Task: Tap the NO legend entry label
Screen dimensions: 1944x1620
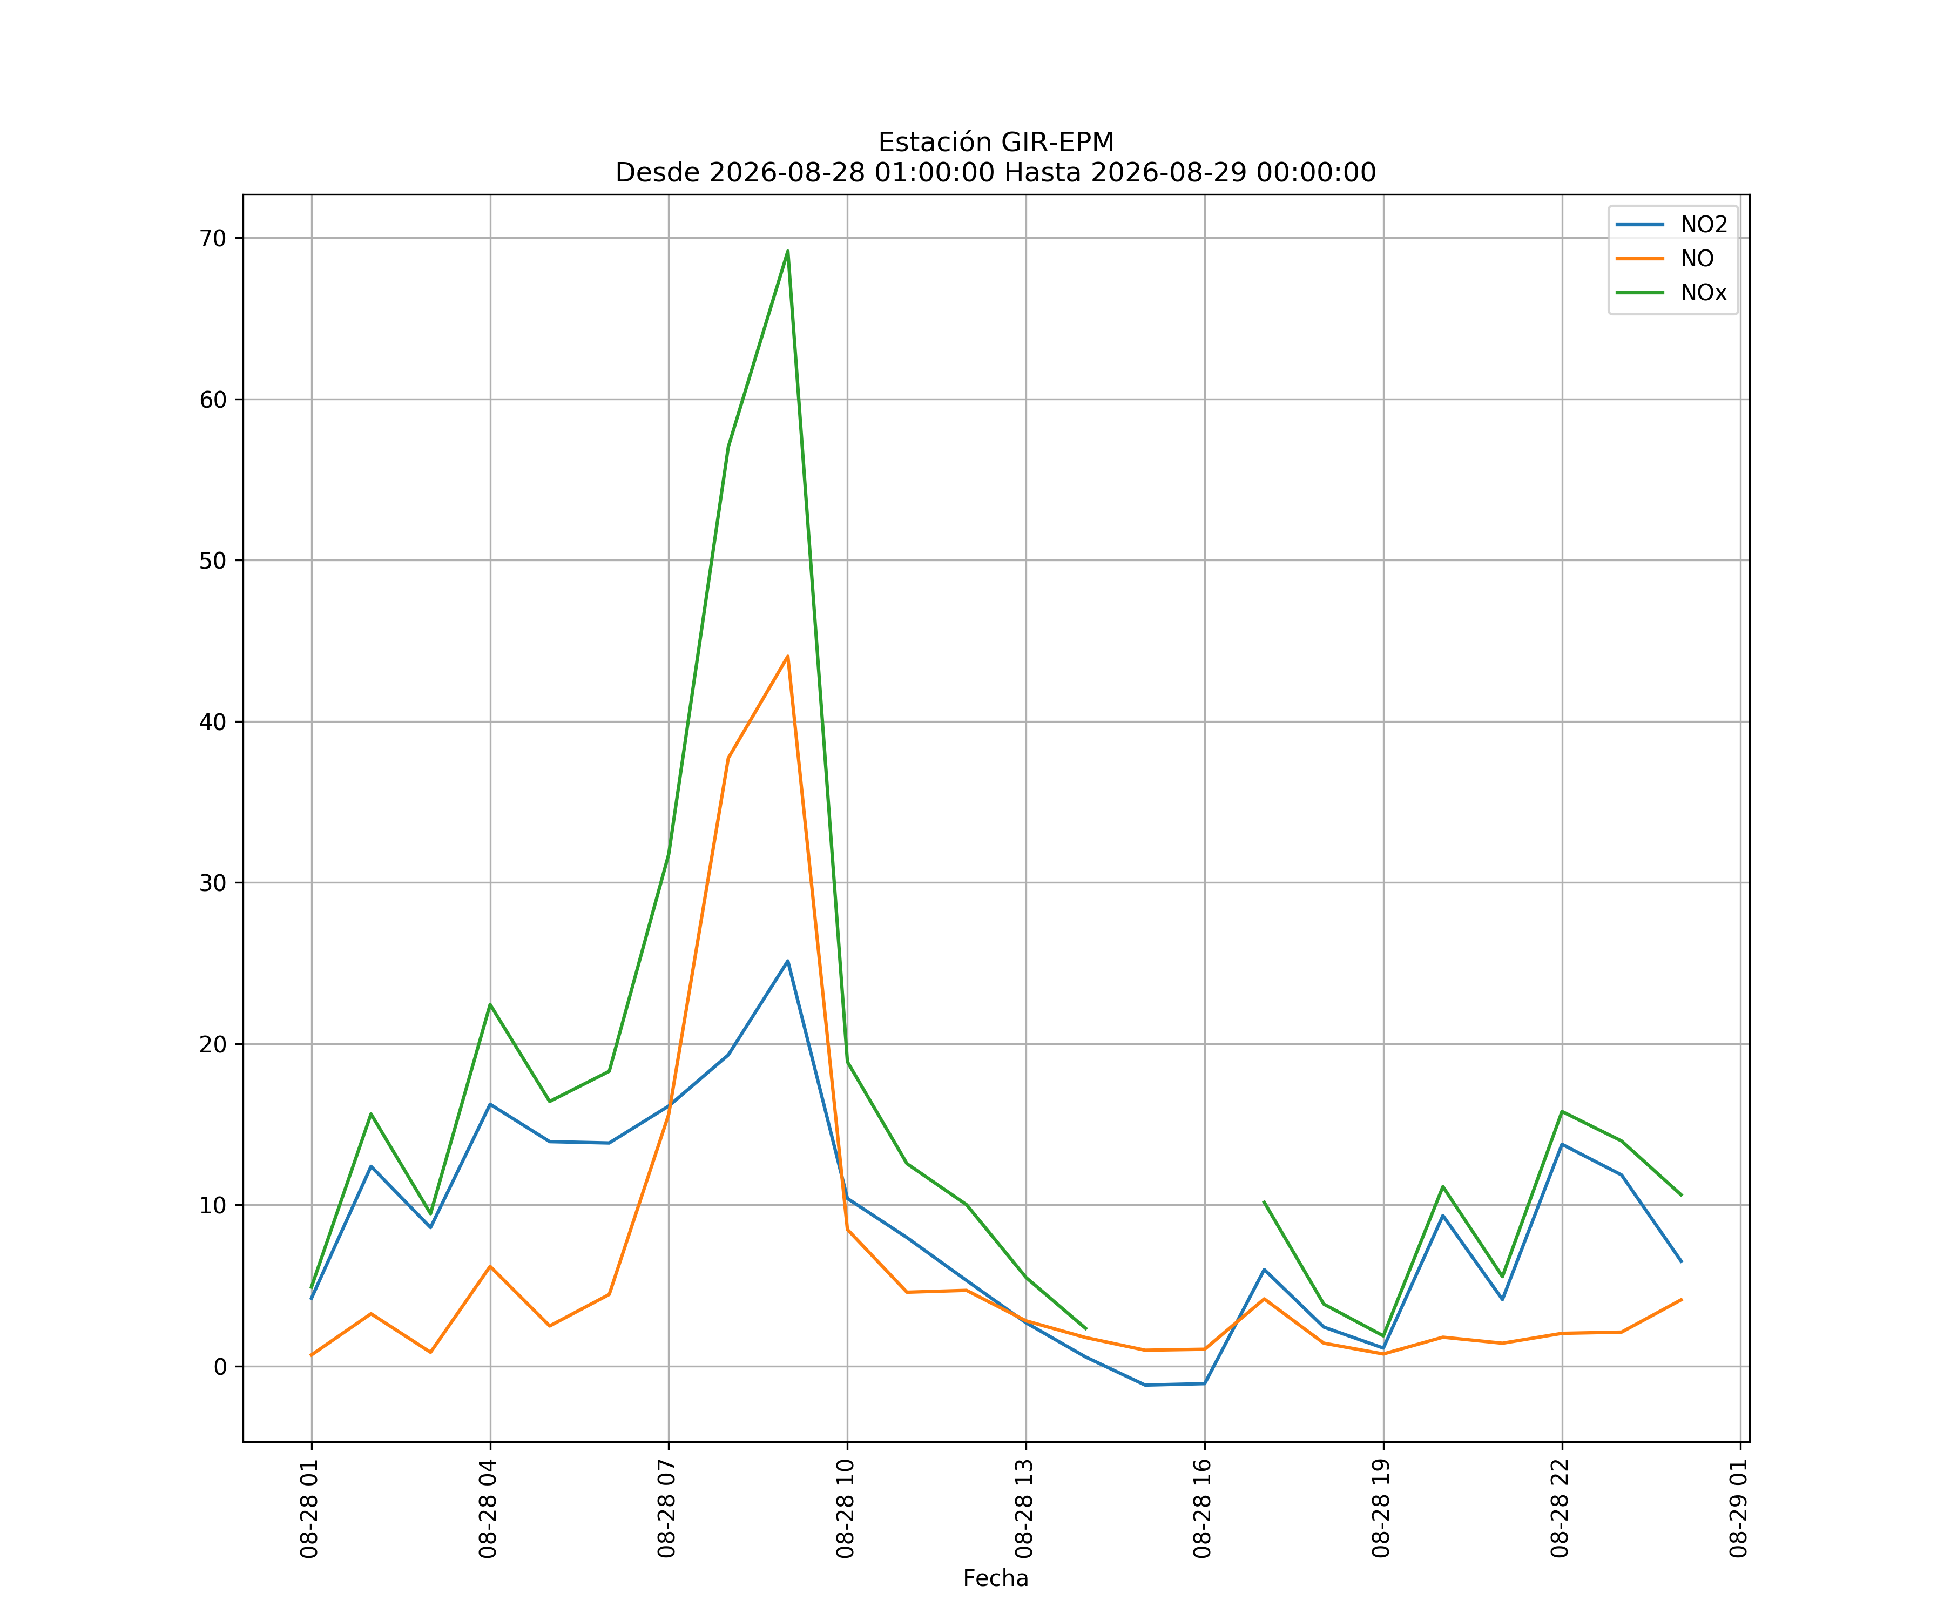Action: (1697, 259)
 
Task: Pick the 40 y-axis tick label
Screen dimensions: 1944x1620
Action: (213, 722)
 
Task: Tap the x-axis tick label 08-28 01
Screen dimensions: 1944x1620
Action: (310, 1509)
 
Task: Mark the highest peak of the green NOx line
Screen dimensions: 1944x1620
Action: (788, 251)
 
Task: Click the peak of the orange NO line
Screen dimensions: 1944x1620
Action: (788, 656)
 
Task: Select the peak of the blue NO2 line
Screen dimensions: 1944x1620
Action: (788, 961)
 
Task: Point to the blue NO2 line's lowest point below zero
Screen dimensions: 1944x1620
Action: (1145, 1385)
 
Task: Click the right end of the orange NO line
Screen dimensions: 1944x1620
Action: (1681, 1300)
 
